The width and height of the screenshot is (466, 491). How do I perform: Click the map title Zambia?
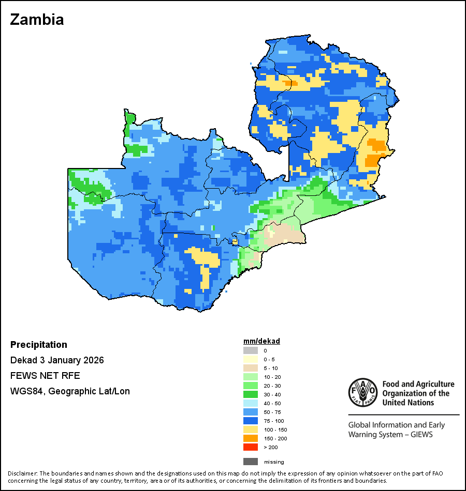coord(37,20)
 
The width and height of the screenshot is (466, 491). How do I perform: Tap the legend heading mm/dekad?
coord(261,341)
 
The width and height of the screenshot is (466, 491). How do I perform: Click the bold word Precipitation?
coord(39,345)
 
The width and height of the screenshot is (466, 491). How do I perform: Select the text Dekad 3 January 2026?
coord(57,360)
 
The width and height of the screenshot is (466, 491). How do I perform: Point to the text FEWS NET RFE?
coord(45,376)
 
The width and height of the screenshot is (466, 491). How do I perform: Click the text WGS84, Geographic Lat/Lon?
coord(70,391)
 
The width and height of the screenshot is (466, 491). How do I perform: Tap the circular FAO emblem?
coord(362,393)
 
